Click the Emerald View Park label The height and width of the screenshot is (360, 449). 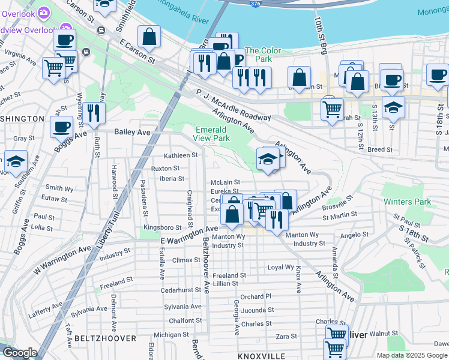(x=211, y=134)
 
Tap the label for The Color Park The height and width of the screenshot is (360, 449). (x=258, y=55)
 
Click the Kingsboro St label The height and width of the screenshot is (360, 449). (x=163, y=228)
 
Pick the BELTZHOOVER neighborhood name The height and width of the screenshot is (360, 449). (x=99, y=338)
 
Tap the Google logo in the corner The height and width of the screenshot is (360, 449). (x=19, y=353)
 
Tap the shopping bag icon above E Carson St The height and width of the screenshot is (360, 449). (x=149, y=37)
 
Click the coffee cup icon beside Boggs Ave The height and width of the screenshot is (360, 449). (x=61, y=127)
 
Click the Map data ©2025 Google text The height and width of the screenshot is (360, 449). (x=411, y=355)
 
